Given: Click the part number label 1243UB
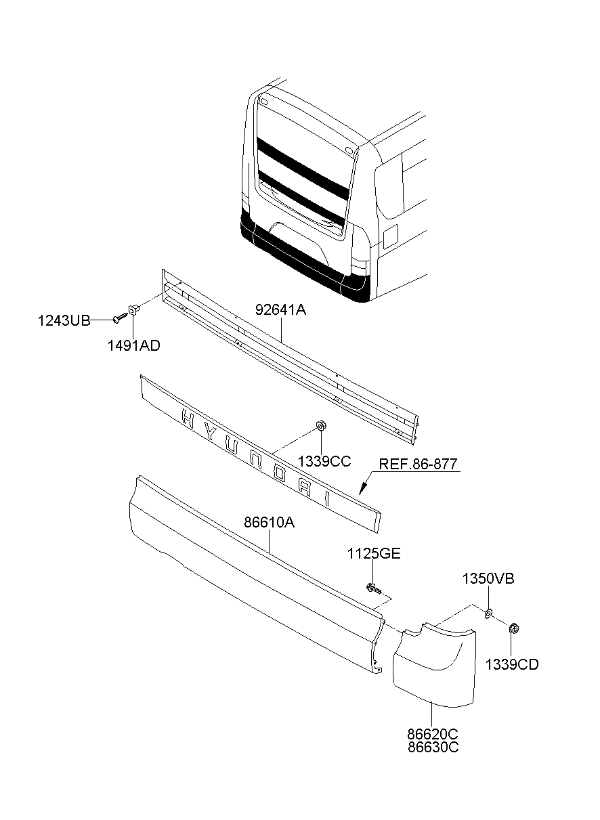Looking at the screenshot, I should (64, 321).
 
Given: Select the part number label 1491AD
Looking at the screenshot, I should (133, 345).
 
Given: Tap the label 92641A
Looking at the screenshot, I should (281, 311).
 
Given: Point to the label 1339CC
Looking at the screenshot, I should (324, 461).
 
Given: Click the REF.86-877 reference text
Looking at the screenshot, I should (419, 465).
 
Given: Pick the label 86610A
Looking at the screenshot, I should (270, 523).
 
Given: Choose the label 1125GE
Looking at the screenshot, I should (374, 554).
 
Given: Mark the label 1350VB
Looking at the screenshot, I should (488, 579).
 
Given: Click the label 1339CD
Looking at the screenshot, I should (512, 664).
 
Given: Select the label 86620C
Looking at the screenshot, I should (433, 735).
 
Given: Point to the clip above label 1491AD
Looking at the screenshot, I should (135, 310).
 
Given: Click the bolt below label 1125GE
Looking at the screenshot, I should (372, 588).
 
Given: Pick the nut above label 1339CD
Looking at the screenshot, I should (513, 629).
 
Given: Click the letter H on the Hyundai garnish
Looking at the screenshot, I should (188, 420).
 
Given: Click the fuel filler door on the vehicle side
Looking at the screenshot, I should (391, 236).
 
